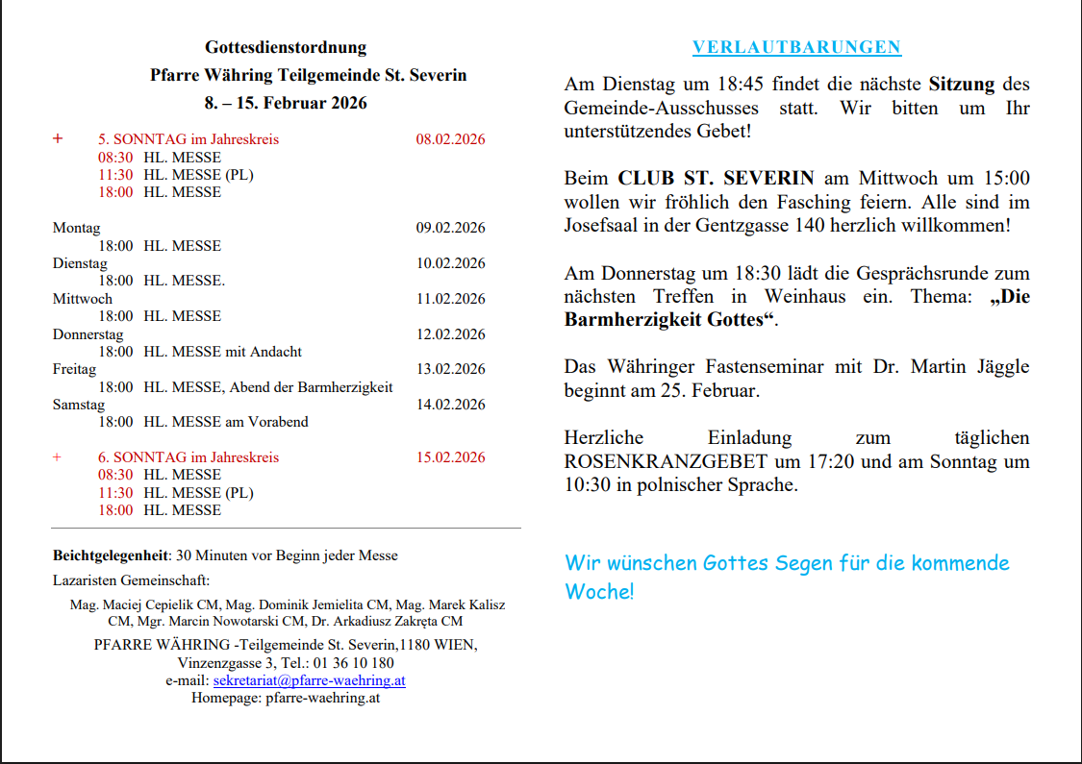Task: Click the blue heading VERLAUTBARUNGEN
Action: (x=796, y=48)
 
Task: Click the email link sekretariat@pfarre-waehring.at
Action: (x=309, y=680)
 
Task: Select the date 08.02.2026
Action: (x=450, y=139)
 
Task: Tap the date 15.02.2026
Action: (x=450, y=457)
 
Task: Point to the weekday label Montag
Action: (x=76, y=228)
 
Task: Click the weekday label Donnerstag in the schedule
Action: (x=88, y=334)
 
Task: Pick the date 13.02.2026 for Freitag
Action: (x=450, y=369)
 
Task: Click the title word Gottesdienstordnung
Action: (x=286, y=47)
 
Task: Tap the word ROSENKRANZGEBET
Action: (x=666, y=461)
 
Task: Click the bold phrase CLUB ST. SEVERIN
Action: (x=716, y=179)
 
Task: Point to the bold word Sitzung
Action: (x=961, y=85)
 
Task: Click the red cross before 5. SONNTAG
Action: (x=58, y=138)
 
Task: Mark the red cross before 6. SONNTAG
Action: (x=57, y=457)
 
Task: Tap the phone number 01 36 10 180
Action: (x=354, y=663)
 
